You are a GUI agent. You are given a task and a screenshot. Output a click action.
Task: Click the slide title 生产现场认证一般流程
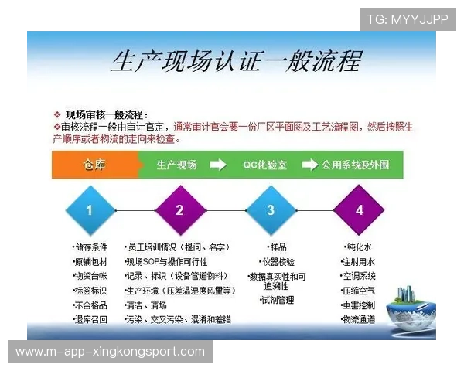click(235, 62)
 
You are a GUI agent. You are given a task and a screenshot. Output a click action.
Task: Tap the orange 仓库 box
click(94, 165)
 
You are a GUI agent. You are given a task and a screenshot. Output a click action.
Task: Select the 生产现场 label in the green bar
click(177, 165)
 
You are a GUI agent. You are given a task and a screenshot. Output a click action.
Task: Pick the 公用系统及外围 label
click(356, 165)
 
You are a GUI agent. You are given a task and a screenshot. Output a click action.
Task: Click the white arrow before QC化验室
click(218, 165)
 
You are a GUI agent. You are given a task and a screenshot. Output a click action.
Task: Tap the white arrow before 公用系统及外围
click(309, 165)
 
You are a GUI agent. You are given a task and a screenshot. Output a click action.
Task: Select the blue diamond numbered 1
click(89, 209)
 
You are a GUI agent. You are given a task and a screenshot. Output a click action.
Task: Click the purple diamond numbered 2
click(179, 209)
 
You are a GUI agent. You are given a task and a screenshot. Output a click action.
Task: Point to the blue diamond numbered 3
click(270, 209)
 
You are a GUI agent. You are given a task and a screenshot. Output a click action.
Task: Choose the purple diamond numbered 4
click(359, 209)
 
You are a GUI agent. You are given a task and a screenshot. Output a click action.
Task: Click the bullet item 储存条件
click(90, 247)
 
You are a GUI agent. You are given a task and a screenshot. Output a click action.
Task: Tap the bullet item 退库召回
click(90, 319)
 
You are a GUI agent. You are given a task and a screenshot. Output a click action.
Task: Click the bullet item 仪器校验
click(278, 261)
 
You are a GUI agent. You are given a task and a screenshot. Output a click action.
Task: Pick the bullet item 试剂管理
click(278, 300)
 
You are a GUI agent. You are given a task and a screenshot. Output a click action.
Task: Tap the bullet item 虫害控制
click(359, 305)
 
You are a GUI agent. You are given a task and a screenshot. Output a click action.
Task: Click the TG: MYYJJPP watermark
click(408, 19)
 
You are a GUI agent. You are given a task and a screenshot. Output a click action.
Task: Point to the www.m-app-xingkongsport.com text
click(111, 352)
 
